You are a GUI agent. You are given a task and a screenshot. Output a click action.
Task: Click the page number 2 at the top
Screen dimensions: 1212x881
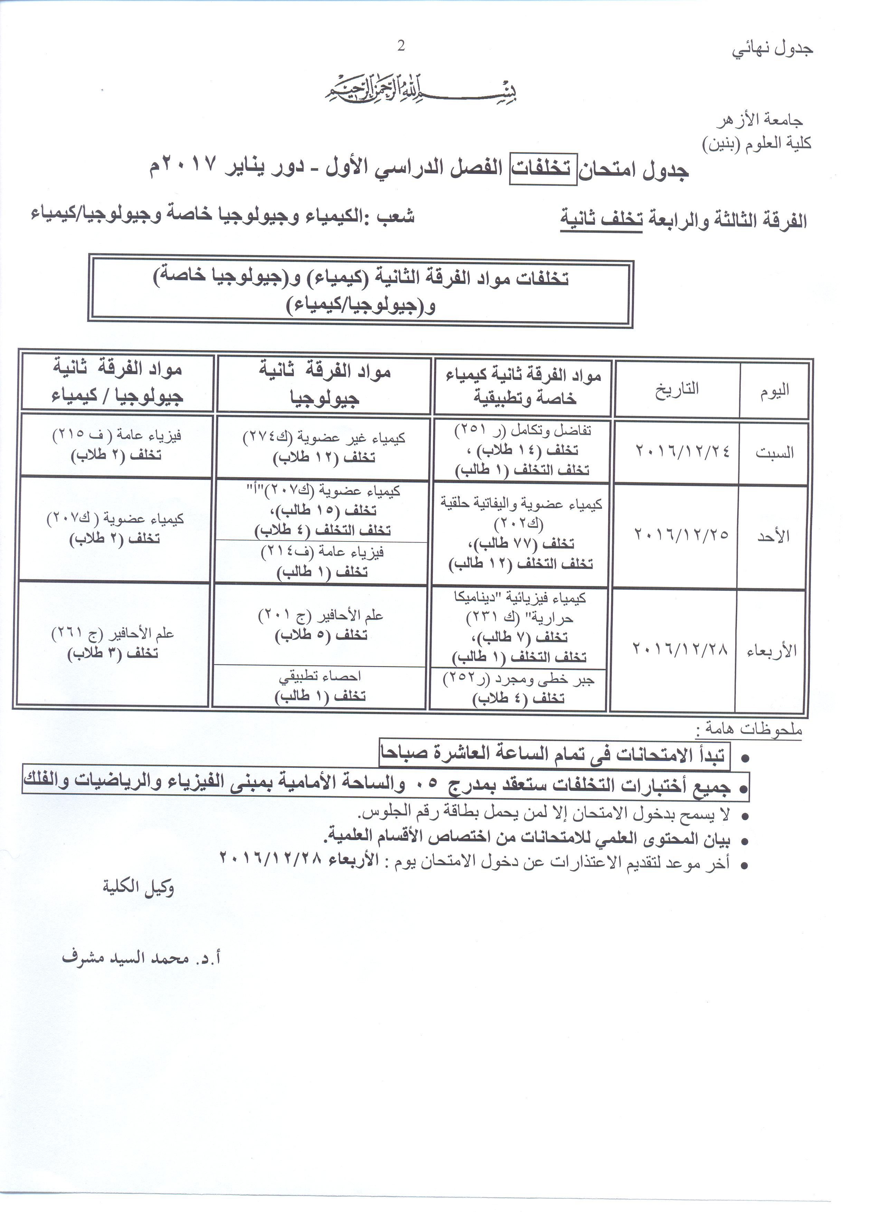pyautogui.click(x=401, y=47)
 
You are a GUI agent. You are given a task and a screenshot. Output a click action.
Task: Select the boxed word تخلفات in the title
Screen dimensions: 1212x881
pyautogui.click(x=543, y=170)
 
